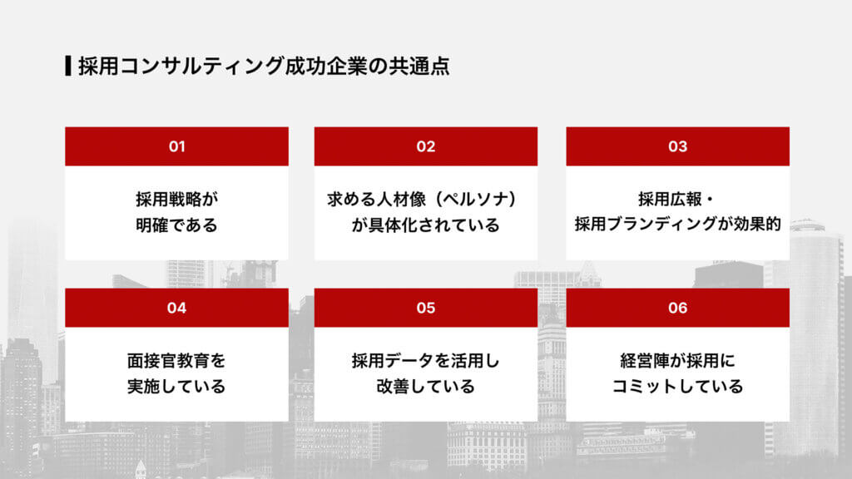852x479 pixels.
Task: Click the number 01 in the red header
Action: point(176,146)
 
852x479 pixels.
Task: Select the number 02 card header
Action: point(426,146)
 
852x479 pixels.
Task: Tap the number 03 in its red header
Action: point(677,146)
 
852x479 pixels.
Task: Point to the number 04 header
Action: point(176,308)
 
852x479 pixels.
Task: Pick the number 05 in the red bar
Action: point(426,308)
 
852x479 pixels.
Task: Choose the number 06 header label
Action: point(677,308)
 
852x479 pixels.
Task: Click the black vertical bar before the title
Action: point(67,66)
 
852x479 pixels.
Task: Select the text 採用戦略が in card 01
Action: point(176,200)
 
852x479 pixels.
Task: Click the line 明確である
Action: point(176,225)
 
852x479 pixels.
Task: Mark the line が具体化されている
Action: point(426,225)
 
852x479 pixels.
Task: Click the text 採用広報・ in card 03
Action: point(677,200)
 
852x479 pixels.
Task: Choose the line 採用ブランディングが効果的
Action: point(677,225)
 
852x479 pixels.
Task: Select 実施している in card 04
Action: point(176,387)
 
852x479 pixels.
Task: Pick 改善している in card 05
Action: point(426,387)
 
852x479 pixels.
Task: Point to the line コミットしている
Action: point(677,387)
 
